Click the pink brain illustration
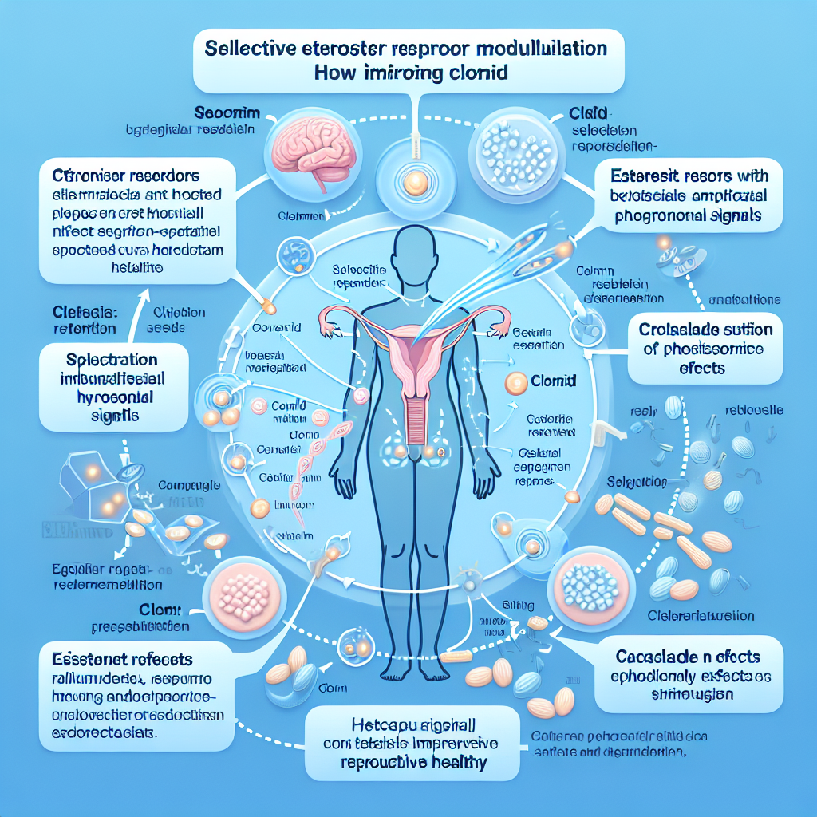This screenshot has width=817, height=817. pos(302,147)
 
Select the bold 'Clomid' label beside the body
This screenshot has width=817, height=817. pos(555,381)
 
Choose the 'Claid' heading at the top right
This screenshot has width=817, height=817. pos(590,113)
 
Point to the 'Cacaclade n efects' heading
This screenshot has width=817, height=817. pos(687,657)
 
